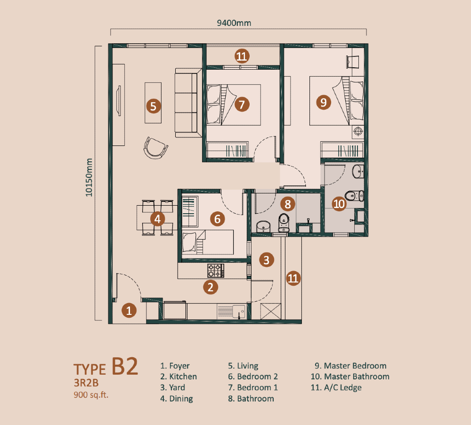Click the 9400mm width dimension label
pyautogui.click(x=234, y=23)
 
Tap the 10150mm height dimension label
pyautogui.click(x=89, y=178)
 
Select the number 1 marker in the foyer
pyautogui.click(x=129, y=311)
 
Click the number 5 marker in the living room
pyautogui.click(x=153, y=106)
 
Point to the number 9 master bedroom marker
pyautogui.click(x=324, y=102)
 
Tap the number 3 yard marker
pyautogui.click(x=267, y=260)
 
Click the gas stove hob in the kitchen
pyautogui.click(x=215, y=271)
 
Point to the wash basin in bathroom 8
pyautogui.click(x=263, y=226)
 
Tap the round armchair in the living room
pyautogui.click(x=155, y=148)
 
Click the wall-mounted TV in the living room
pyautogui.click(x=119, y=101)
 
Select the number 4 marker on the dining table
pyautogui.click(x=157, y=219)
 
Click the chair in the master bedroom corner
pyautogui.click(x=352, y=62)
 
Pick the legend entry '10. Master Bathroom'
pyautogui.click(x=350, y=377)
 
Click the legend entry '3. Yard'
pyautogui.click(x=172, y=387)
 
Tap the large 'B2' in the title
pyautogui.click(x=125, y=366)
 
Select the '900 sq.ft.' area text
pyautogui.click(x=91, y=395)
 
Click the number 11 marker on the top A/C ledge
pyautogui.click(x=242, y=56)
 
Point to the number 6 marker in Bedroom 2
pyautogui.click(x=218, y=219)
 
